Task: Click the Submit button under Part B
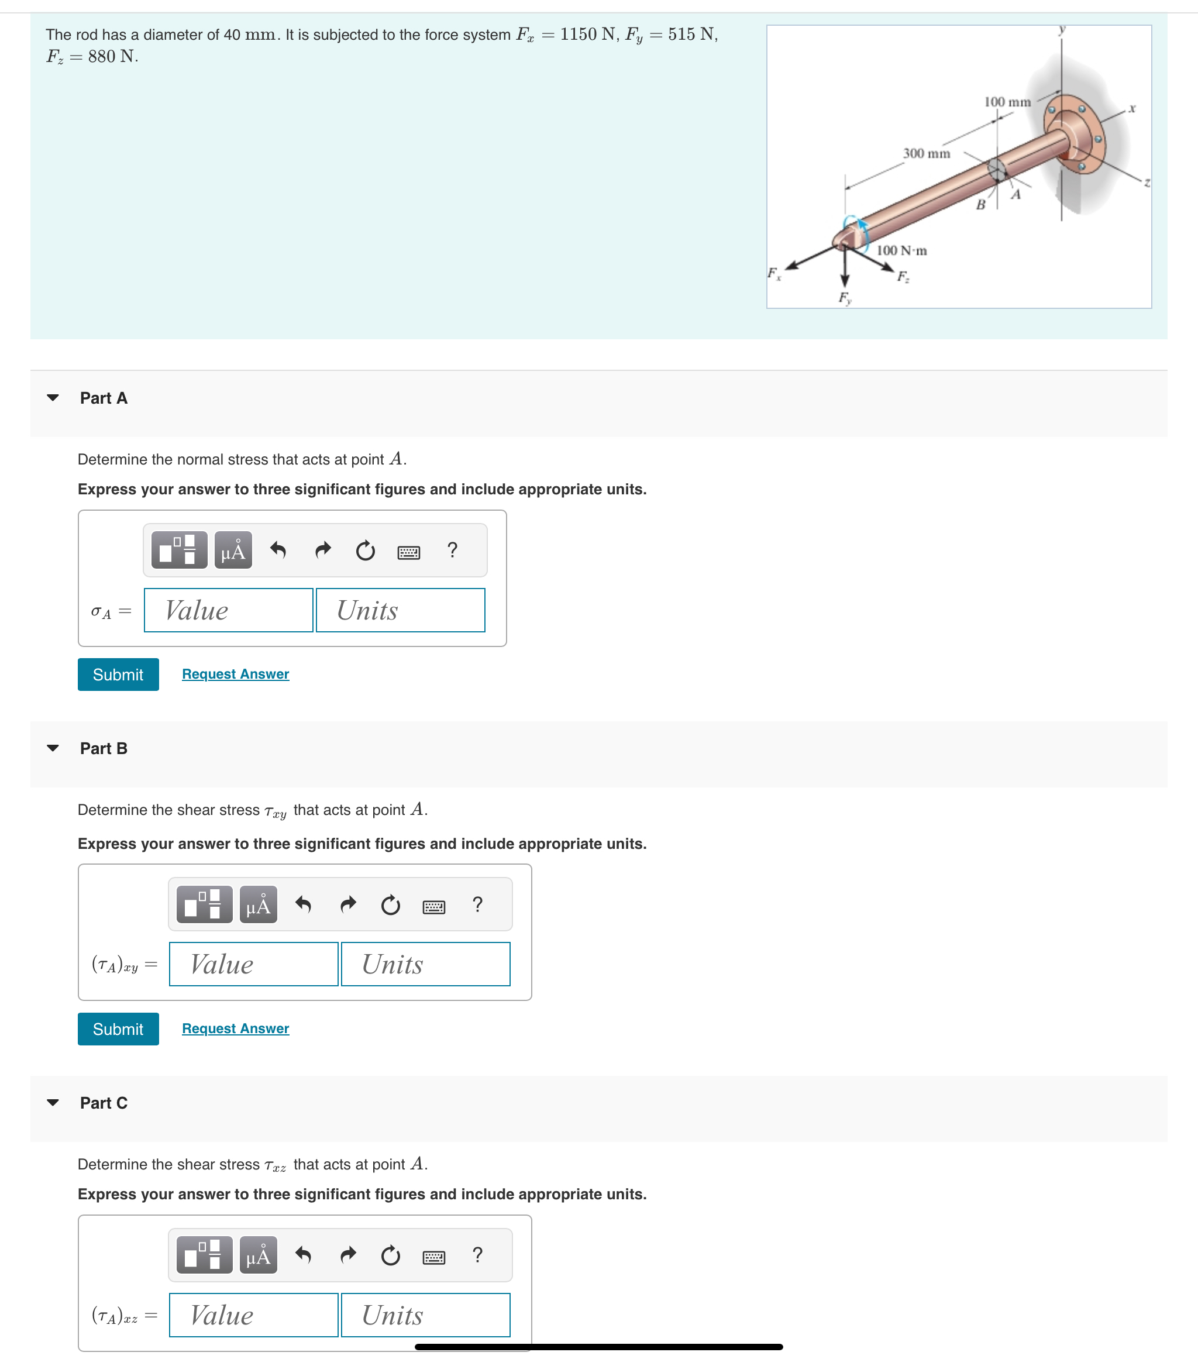[x=118, y=1028]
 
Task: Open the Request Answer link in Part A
[x=235, y=674]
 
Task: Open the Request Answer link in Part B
[x=235, y=1028]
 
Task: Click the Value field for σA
[x=228, y=610]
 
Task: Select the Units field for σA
[x=400, y=610]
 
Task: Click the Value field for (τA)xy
[x=253, y=964]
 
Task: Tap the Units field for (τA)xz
[x=425, y=1315]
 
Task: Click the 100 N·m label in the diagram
[x=901, y=250]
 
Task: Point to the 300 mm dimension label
[x=926, y=154]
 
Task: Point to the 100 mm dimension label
[x=1007, y=102]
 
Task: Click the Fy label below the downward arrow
[x=844, y=298]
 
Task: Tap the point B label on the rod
[x=980, y=205]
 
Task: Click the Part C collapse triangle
[x=53, y=1102]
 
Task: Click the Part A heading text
[x=104, y=398]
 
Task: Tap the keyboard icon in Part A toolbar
[x=408, y=551]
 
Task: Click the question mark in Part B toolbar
[x=477, y=904]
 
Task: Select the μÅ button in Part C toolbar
[x=258, y=1255]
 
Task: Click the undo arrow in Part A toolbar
[x=278, y=550]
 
